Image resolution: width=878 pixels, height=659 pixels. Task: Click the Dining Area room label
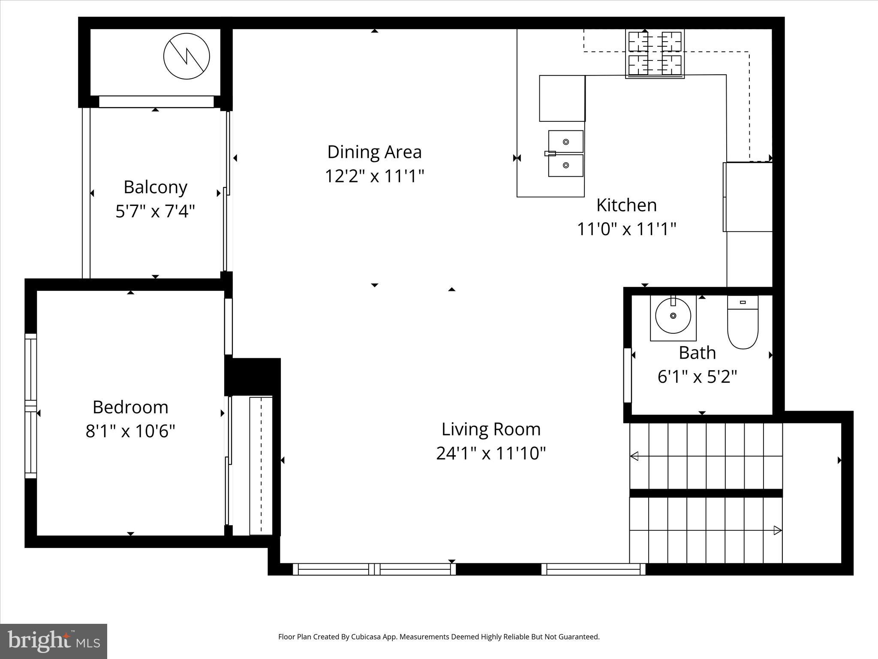click(374, 152)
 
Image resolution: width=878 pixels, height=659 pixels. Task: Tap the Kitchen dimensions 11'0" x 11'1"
click(626, 229)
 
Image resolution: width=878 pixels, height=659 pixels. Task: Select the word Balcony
click(155, 187)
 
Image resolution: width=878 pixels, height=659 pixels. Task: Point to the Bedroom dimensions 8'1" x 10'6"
click(130, 431)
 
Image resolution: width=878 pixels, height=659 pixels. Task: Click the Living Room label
click(491, 429)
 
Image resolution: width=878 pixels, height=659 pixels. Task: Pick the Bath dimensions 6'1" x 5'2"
click(697, 377)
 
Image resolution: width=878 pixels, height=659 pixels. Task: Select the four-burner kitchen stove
click(655, 54)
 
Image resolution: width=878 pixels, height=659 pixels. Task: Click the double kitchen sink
click(565, 154)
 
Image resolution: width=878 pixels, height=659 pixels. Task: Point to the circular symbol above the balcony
click(186, 56)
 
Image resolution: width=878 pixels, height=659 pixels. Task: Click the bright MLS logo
click(53, 641)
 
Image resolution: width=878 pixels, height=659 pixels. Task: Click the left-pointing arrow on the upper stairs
click(634, 456)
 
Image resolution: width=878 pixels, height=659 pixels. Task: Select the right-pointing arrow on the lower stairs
click(777, 530)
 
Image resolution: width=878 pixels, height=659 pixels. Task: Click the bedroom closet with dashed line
click(261, 466)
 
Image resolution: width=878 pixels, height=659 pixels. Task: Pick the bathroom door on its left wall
click(627, 375)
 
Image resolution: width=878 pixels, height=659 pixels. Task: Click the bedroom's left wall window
click(30, 406)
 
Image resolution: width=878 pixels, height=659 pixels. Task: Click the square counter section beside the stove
click(562, 98)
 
